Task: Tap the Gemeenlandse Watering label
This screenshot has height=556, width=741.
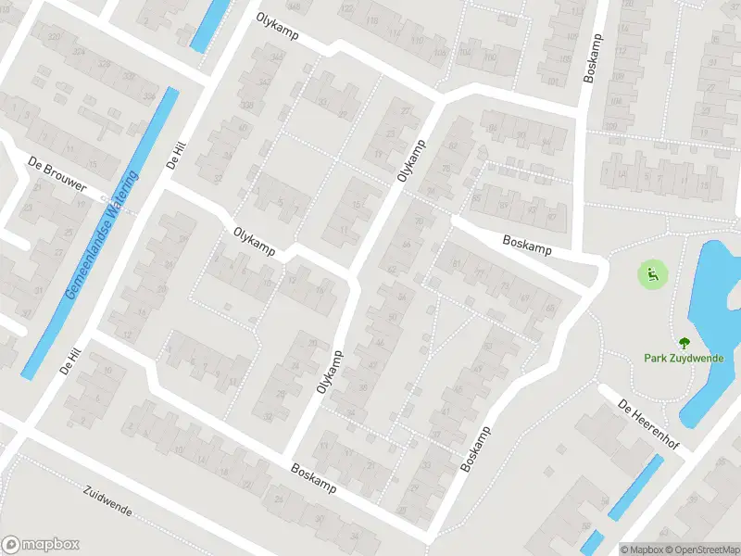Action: click(102, 234)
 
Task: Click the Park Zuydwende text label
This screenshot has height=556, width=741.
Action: click(684, 359)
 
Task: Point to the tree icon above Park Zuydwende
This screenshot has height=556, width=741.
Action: click(684, 343)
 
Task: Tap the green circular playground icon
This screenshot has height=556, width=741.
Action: click(652, 273)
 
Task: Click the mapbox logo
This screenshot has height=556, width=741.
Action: click(41, 545)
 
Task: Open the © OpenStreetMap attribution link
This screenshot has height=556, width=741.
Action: click(700, 549)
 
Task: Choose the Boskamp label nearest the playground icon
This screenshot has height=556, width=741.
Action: click(526, 245)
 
